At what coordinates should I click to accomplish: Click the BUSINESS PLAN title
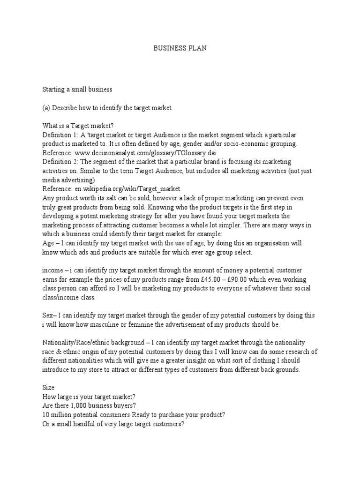[x=180, y=48]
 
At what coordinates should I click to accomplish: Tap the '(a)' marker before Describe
[x=46, y=108]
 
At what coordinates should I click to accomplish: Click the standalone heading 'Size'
[x=48, y=388]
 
